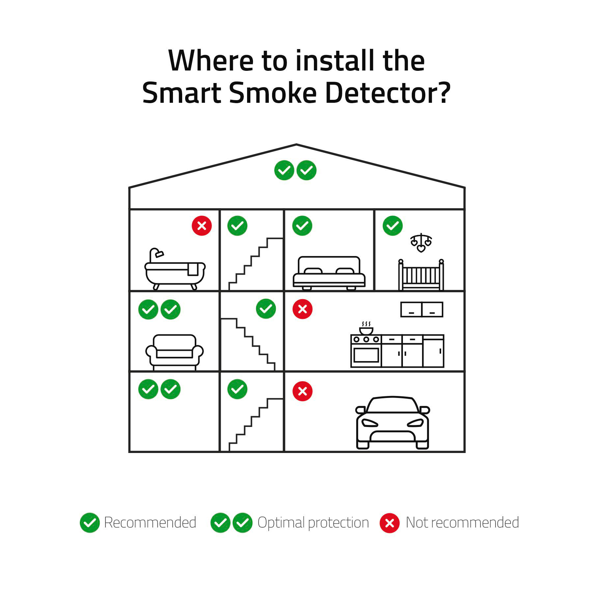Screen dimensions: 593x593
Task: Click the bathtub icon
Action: tap(175, 269)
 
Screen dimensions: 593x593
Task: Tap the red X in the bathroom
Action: tap(202, 226)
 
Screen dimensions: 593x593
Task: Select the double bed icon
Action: tap(329, 273)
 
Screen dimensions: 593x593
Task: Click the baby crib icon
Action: tap(421, 275)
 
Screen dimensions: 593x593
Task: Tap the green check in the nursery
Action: tap(393, 226)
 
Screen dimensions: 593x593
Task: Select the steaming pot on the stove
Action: tap(366, 328)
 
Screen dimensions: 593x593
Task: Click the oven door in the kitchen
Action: tap(366, 355)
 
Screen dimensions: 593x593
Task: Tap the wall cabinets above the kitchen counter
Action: tap(422, 309)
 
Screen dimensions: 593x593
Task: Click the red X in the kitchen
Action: tap(302, 309)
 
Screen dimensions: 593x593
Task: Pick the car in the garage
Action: tap(392, 422)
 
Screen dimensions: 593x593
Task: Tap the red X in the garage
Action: tap(302, 391)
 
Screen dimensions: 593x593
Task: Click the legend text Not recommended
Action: tap(462, 522)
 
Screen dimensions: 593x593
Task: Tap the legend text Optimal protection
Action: tap(313, 523)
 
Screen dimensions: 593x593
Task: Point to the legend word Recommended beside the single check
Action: tap(150, 522)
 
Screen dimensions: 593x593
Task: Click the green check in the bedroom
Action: tap(302, 226)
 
